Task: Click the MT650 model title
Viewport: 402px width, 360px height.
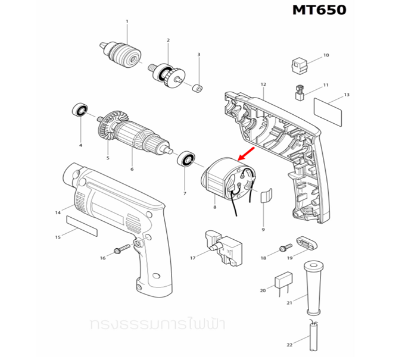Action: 319,11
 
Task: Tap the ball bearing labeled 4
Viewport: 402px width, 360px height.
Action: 80,111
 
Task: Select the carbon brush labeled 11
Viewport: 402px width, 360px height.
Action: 301,92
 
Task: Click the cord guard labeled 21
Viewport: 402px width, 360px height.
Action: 314,289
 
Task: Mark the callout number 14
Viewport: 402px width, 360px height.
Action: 58,212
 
